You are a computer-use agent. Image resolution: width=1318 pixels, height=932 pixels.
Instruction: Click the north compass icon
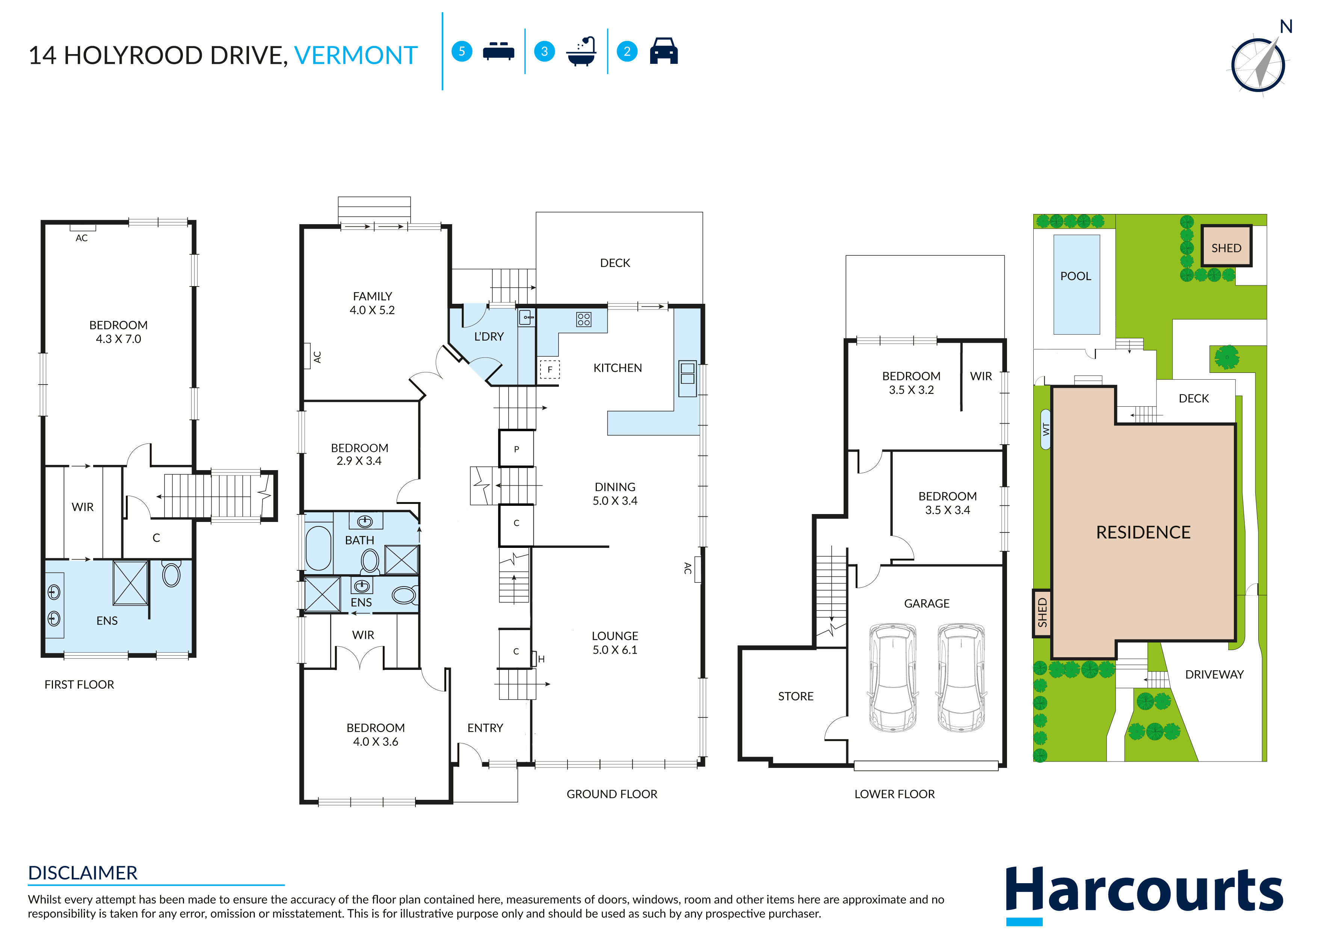(1258, 64)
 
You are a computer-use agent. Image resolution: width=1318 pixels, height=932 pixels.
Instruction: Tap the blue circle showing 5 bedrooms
(462, 51)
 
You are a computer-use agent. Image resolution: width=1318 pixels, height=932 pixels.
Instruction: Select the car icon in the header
(664, 51)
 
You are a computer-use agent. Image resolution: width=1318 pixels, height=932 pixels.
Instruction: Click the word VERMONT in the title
(355, 56)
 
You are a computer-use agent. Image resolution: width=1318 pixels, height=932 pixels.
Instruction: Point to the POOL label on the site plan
(1076, 276)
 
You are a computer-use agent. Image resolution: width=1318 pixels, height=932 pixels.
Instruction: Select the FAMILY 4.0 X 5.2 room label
(372, 303)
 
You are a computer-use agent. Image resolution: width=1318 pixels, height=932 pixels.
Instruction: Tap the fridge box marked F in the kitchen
(550, 369)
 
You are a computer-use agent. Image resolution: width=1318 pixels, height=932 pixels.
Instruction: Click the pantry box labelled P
(516, 449)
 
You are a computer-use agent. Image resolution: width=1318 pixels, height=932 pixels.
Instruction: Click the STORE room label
(796, 696)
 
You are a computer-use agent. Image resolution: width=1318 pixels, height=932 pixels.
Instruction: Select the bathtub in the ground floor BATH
(319, 548)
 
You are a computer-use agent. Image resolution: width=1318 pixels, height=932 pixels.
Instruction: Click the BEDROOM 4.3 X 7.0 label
(118, 332)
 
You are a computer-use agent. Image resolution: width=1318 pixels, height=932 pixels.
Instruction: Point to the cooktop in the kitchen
(583, 320)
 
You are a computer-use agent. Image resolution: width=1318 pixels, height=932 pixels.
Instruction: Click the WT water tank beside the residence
(1045, 429)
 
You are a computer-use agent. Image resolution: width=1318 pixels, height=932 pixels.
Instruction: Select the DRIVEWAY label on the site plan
(1214, 674)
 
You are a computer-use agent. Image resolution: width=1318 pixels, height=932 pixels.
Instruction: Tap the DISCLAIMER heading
(83, 873)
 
